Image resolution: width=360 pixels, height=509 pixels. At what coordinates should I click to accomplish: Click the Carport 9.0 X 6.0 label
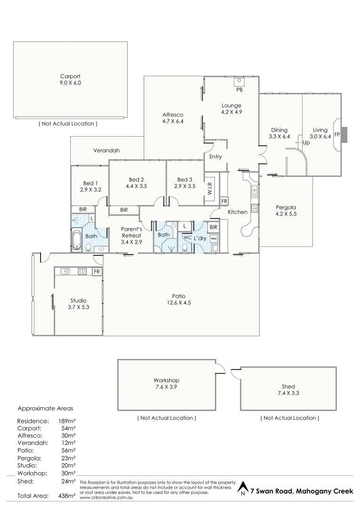[x=70, y=79]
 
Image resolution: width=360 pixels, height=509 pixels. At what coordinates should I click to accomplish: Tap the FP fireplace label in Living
[x=337, y=134]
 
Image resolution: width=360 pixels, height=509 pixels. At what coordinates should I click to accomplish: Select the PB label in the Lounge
[x=239, y=90]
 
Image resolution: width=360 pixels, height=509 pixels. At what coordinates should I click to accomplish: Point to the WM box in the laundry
[x=213, y=239]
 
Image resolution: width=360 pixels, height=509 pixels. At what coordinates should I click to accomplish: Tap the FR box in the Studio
[x=97, y=271]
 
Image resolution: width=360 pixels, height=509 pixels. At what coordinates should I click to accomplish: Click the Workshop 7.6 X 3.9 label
[x=166, y=383]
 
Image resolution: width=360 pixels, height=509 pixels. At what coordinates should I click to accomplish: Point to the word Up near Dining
[x=306, y=142]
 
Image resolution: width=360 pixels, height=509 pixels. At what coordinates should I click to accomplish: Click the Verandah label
[x=106, y=150]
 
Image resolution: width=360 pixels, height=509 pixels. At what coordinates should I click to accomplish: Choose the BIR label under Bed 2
[x=124, y=210]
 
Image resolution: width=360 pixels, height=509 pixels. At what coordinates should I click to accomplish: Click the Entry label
[x=215, y=157]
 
